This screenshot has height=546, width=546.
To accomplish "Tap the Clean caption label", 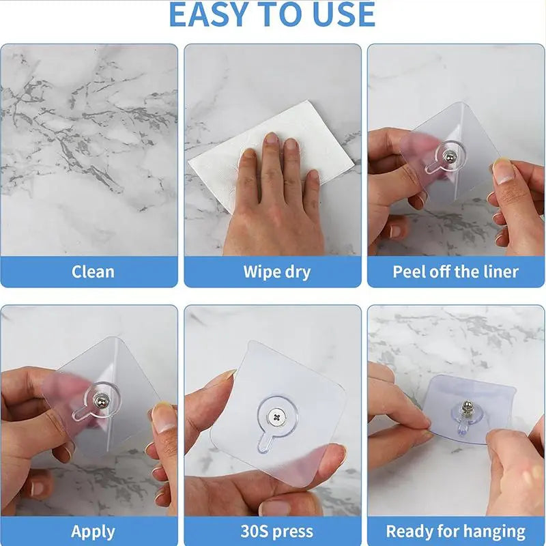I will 93,272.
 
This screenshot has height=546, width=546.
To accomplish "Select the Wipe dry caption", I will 276,272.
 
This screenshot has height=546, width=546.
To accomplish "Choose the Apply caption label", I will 93,531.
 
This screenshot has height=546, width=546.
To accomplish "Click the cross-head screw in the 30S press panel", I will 276,414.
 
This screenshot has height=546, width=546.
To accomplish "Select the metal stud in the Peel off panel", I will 446,159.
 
